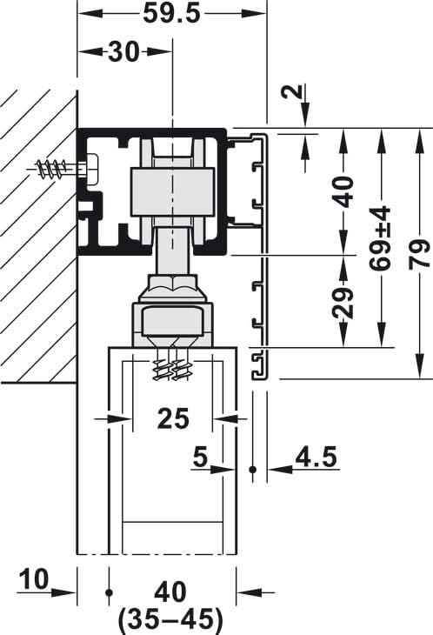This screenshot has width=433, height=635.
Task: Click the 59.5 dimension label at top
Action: point(171,15)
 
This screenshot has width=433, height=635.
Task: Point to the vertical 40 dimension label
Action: point(344,190)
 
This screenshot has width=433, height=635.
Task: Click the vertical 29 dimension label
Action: point(344,302)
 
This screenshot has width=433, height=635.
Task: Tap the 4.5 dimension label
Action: point(316,457)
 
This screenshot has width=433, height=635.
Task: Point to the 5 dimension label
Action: point(200,457)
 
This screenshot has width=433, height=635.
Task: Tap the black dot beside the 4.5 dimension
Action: point(253,470)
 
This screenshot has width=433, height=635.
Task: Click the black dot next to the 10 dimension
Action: point(109,592)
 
